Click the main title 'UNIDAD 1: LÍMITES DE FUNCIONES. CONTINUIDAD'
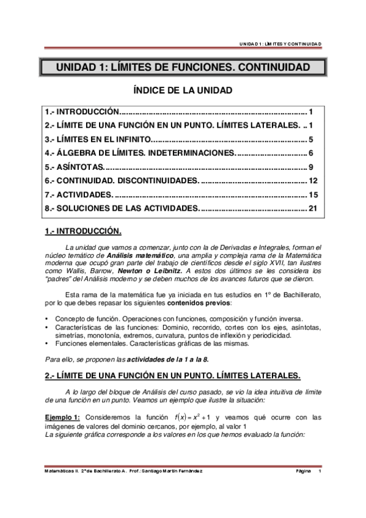point(183,68)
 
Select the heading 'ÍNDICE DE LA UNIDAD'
point(183,90)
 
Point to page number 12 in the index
point(313,181)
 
